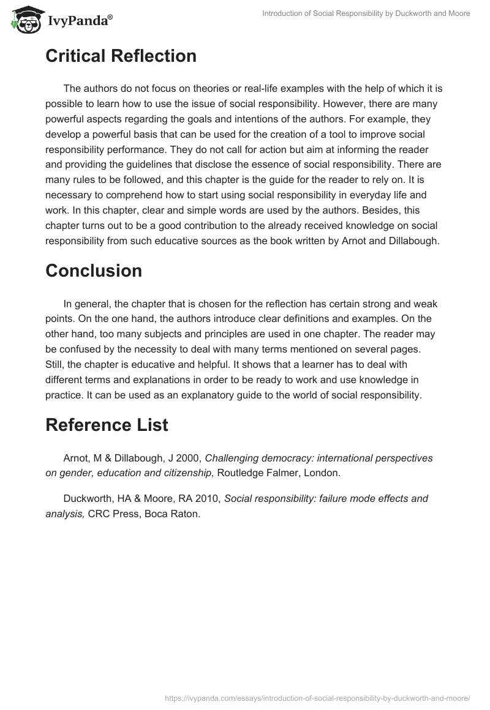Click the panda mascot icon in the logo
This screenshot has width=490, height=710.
24,19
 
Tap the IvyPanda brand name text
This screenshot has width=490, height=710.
79,20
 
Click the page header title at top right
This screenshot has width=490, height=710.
366,13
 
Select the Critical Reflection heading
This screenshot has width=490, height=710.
121,56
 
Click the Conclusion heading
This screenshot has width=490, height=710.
94,271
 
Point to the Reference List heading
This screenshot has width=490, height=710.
107,425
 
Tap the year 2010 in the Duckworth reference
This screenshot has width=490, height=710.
208,498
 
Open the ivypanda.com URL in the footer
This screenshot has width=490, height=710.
317,697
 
